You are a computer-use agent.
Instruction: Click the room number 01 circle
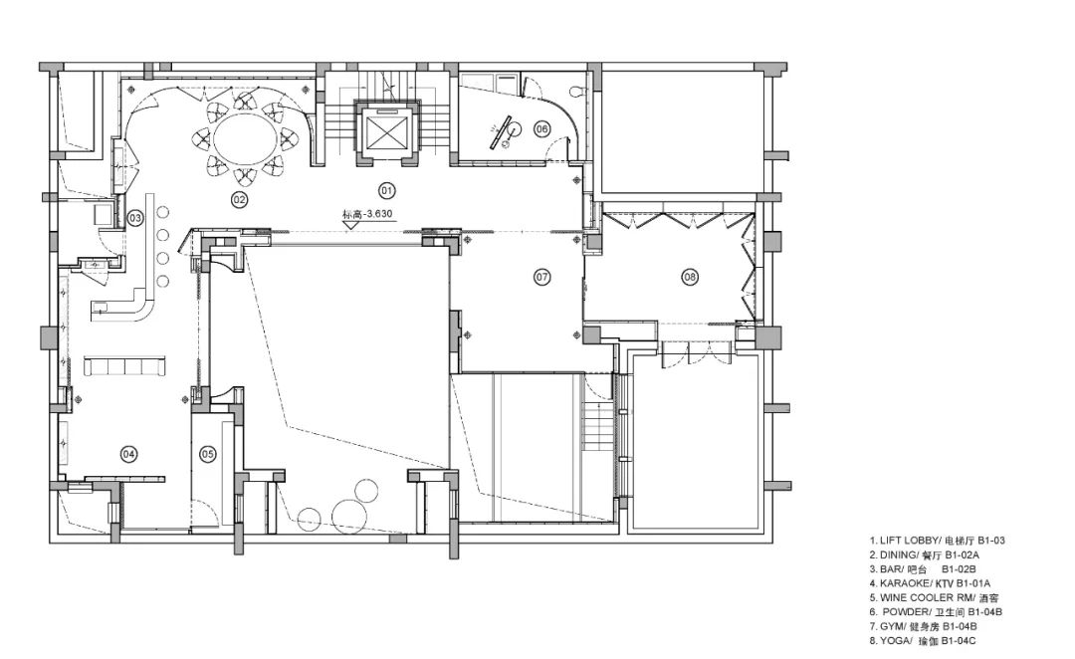point(387,190)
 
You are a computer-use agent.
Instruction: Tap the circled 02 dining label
point(239,199)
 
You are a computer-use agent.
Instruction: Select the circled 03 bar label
point(135,219)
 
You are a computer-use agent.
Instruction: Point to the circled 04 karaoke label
point(128,453)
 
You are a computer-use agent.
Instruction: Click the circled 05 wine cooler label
point(208,453)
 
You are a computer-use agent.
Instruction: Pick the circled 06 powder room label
point(541,128)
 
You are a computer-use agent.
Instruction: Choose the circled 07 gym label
point(542,277)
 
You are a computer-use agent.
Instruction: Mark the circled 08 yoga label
point(690,277)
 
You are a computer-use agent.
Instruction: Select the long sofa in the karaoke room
point(124,365)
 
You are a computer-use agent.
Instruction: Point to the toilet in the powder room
point(578,92)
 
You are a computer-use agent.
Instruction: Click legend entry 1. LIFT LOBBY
point(938,541)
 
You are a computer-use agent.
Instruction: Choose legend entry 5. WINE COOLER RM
point(931,597)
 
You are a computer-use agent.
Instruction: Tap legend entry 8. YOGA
point(923,640)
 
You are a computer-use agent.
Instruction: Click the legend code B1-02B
point(959,569)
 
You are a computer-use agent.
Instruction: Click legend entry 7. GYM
point(924,626)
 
